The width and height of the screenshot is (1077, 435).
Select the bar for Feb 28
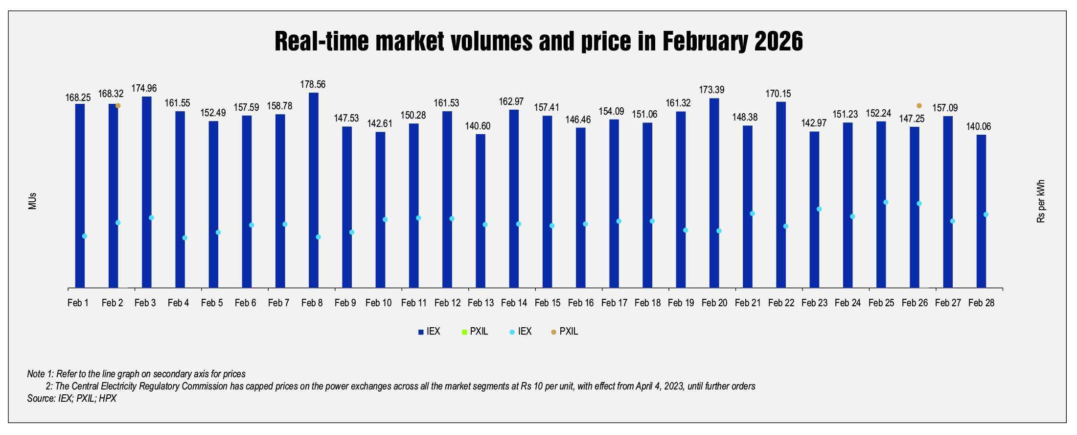(x=981, y=211)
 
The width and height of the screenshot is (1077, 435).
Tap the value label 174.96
(x=144, y=88)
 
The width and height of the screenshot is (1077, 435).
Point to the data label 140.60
(x=478, y=126)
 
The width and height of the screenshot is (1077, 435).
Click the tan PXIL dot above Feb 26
(x=919, y=106)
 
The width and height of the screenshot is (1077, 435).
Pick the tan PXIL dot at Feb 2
(x=118, y=106)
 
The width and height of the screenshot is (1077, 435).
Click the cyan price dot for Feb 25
(x=886, y=202)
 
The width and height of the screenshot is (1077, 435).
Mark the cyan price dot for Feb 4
(x=184, y=238)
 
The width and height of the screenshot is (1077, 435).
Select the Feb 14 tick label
(x=514, y=303)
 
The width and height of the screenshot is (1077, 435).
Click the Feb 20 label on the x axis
(x=714, y=303)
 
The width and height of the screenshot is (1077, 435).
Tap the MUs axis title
(x=32, y=201)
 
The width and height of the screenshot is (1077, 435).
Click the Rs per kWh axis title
(x=1041, y=201)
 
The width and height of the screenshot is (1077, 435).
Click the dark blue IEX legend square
(x=421, y=332)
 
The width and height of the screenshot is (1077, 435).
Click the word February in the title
(x=706, y=41)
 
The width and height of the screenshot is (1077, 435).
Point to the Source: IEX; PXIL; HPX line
(x=72, y=398)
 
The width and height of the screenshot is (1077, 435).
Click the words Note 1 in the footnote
(x=40, y=374)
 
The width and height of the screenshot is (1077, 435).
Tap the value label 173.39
(x=711, y=90)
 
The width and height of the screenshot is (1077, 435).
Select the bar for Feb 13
(x=481, y=211)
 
